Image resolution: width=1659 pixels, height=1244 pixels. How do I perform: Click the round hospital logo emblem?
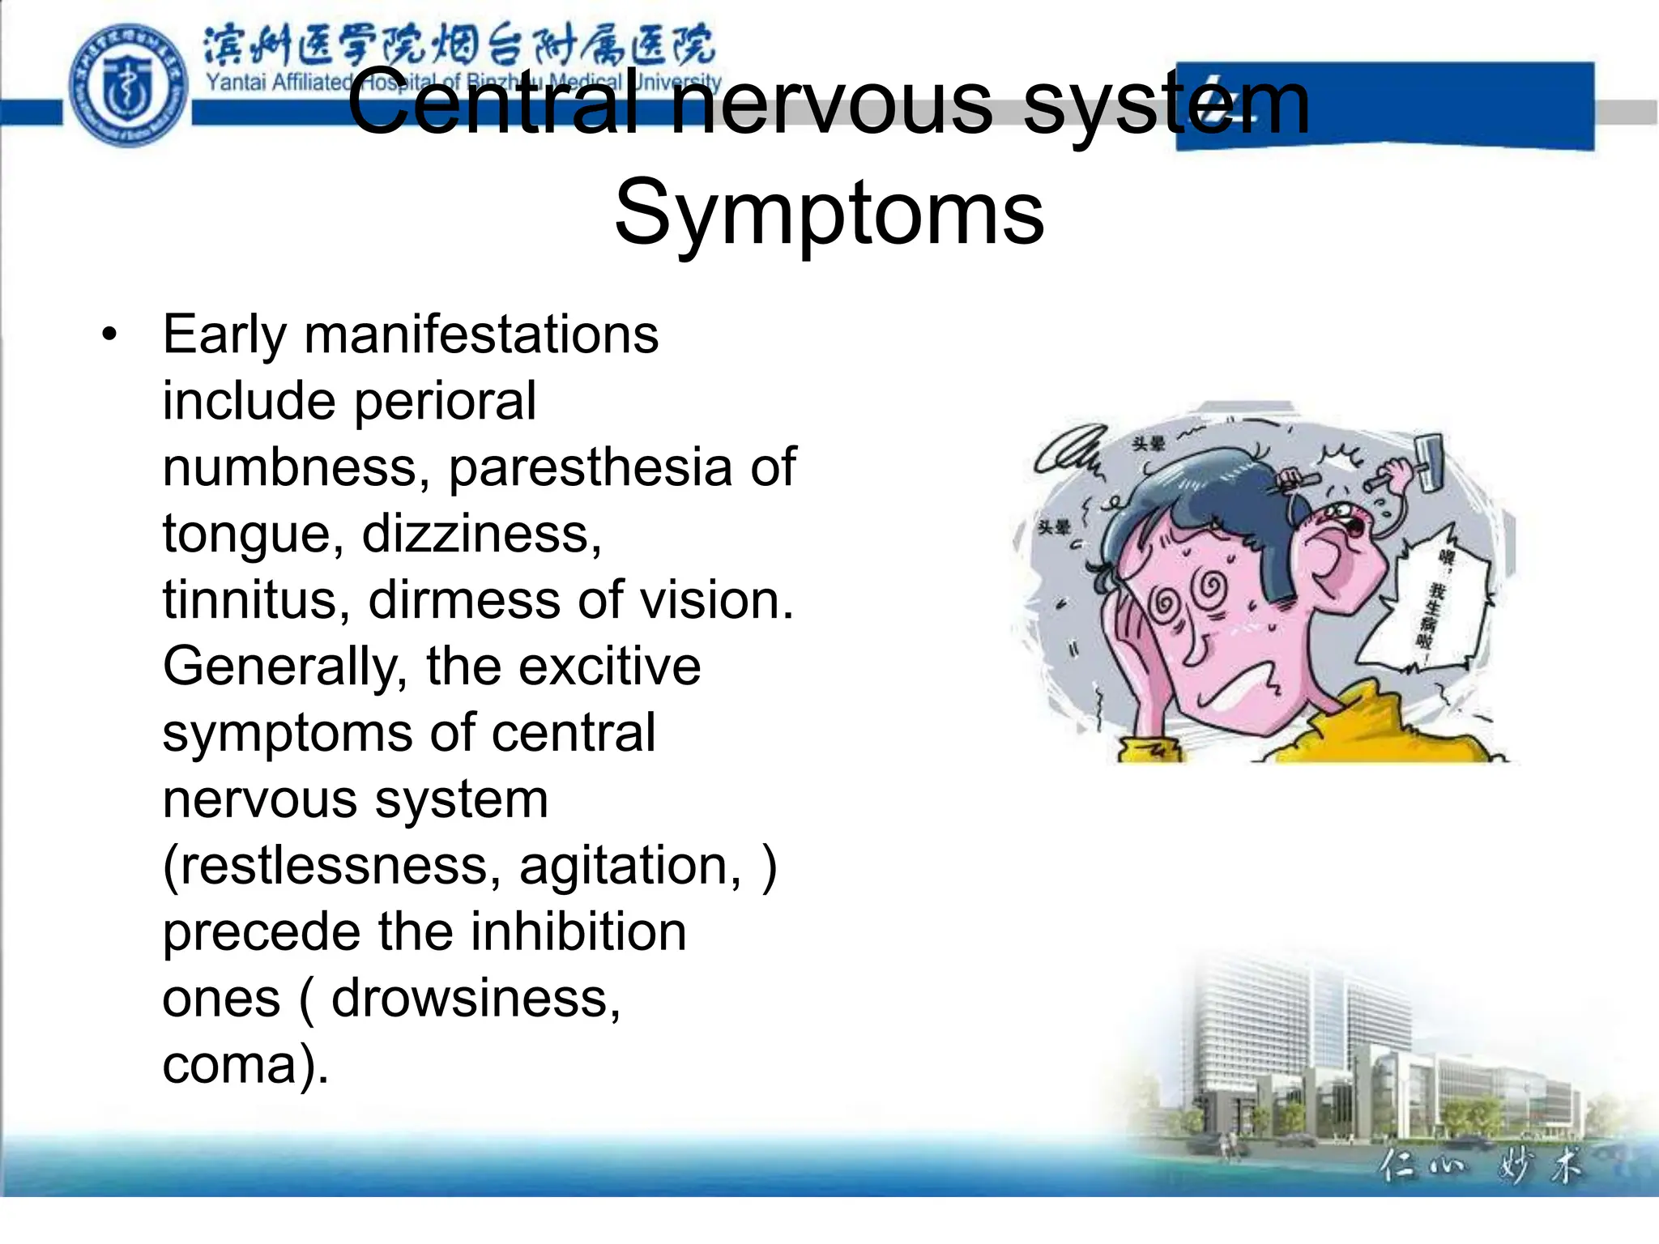pyautogui.click(x=128, y=85)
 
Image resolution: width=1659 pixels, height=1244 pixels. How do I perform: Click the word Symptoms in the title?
pyautogui.click(x=829, y=213)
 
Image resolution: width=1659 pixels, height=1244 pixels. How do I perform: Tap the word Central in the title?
pyautogui.click(x=494, y=104)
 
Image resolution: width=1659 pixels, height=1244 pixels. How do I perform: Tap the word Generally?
pyautogui.click(x=284, y=667)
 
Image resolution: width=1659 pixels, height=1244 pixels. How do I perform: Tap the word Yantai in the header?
pyautogui.click(x=234, y=82)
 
